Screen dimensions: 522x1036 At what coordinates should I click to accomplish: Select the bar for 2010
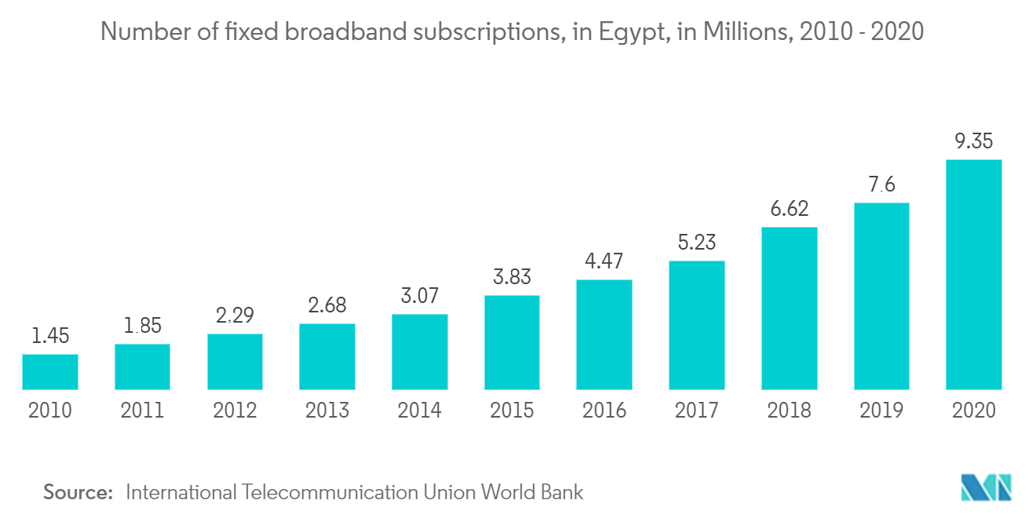(50, 372)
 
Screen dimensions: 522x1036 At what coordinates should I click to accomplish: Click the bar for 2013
(327, 356)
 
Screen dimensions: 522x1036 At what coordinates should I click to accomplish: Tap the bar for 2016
(604, 334)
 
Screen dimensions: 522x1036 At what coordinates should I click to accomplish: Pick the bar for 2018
(789, 308)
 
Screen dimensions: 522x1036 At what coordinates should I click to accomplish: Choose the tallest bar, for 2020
(974, 275)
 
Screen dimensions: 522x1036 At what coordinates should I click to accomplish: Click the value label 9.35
(974, 141)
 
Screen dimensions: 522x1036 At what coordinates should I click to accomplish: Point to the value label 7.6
(881, 184)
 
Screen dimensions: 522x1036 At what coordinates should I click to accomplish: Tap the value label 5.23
(697, 243)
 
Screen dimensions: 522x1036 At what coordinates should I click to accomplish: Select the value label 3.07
(420, 296)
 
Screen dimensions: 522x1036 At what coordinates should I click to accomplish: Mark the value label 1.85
(142, 326)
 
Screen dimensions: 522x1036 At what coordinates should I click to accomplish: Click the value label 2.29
(235, 316)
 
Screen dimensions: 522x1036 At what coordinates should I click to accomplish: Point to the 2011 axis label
(142, 410)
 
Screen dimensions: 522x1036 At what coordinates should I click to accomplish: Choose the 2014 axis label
(420, 410)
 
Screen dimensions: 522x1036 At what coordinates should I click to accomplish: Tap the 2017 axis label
(697, 410)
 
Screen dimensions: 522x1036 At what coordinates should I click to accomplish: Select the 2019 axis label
(881, 410)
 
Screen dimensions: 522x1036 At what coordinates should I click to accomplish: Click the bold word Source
(78, 492)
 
